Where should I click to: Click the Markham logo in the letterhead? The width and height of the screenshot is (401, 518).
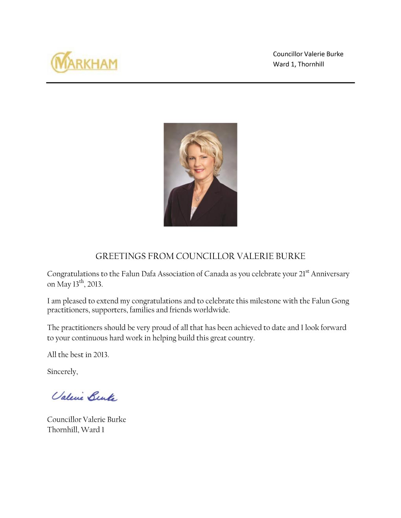(84, 63)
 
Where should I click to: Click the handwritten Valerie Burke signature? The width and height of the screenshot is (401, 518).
(85, 396)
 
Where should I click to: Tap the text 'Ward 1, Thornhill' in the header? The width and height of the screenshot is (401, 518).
(298, 64)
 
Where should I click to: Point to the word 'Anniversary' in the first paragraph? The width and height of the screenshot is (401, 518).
(330, 274)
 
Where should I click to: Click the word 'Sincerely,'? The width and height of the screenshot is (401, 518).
(63, 372)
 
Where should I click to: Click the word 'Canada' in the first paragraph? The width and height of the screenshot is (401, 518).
(216, 274)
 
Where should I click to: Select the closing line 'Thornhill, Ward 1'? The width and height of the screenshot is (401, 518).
(75, 430)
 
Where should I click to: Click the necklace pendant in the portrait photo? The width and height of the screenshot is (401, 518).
(197, 199)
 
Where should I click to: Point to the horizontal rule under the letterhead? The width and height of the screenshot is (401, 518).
(200, 83)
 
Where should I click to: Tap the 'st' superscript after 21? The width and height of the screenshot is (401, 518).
(307, 271)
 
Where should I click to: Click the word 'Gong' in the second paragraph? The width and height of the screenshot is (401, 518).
(340, 301)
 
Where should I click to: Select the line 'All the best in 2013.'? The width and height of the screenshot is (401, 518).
(78, 355)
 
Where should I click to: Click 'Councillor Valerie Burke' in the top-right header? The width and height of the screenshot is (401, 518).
(308, 54)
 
